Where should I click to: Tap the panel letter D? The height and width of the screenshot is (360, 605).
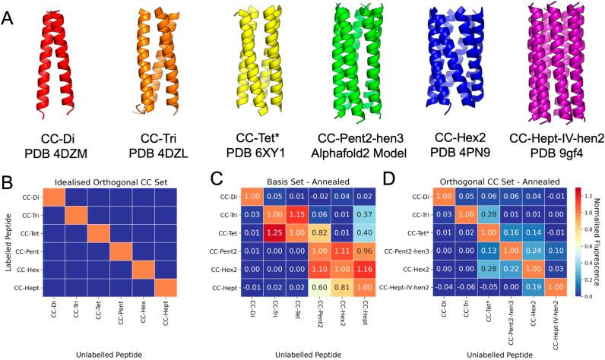pos(414,182)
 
